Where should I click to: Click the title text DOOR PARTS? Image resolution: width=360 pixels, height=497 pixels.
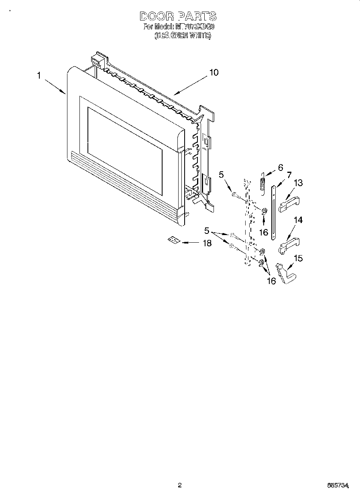pyautogui.click(x=178, y=16)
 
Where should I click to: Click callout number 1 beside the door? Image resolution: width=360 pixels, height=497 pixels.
pyautogui.click(x=39, y=75)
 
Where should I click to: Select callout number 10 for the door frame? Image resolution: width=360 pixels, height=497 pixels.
pyautogui.click(x=214, y=73)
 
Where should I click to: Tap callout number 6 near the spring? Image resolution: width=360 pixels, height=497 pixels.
pyautogui.click(x=280, y=166)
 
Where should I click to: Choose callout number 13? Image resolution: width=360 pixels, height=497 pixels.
pyautogui.click(x=298, y=183)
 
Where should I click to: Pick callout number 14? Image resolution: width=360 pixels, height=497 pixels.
pyautogui.click(x=298, y=220)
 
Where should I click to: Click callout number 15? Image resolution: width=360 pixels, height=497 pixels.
pyautogui.click(x=298, y=259)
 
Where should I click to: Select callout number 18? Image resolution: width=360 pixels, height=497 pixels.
pyautogui.click(x=207, y=243)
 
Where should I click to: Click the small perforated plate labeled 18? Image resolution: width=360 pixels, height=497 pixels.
pyautogui.click(x=173, y=240)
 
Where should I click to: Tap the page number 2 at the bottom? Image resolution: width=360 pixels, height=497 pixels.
pyautogui.click(x=180, y=485)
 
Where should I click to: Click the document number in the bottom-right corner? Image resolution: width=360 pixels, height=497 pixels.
pyautogui.click(x=338, y=486)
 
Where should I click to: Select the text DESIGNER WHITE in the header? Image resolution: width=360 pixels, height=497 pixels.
pyautogui.click(x=182, y=36)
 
